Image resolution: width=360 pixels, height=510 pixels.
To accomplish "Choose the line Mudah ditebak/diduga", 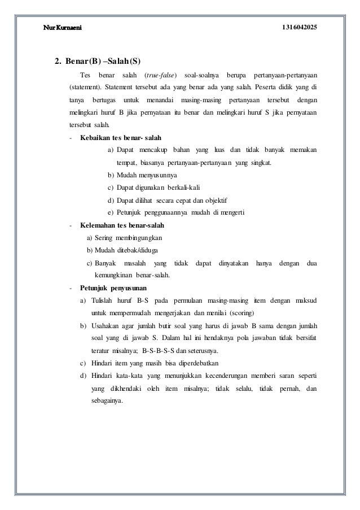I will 122,250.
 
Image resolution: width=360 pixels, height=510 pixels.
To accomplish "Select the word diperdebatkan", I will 194,363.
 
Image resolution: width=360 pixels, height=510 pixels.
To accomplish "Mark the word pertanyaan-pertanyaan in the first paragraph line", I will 285,75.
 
